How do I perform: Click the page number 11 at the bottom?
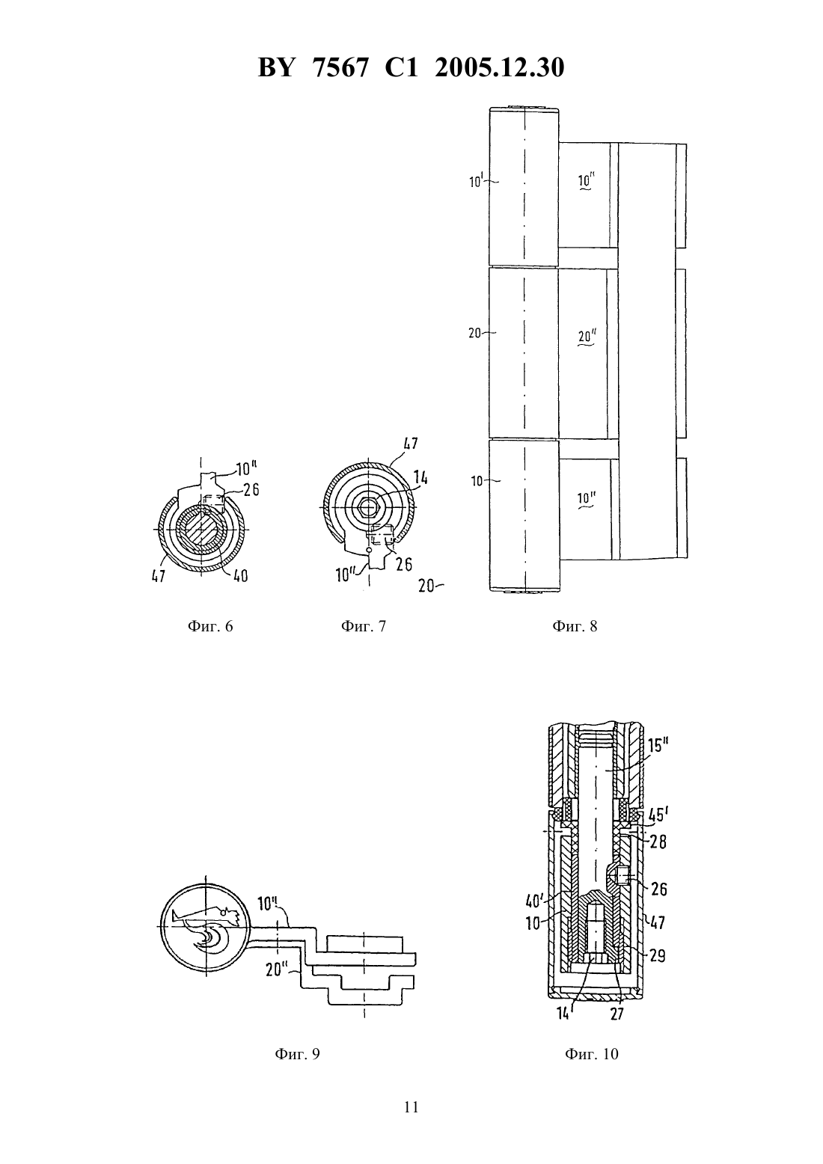pyautogui.click(x=411, y=1107)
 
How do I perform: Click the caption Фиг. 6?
pyautogui.click(x=210, y=626)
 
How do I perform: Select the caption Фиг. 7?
pyautogui.click(x=363, y=626)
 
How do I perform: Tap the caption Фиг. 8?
pyautogui.click(x=575, y=626)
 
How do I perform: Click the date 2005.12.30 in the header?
pyautogui.click(x=499, y=67)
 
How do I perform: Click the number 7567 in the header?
pyautogui.click(x=341, y=67)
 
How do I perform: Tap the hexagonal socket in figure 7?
pyautogui.click(x=368, y=504)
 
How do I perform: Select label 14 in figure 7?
pyautogui.click(x=420, y=477)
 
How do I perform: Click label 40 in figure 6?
pyautogui.click(x=240, y=576)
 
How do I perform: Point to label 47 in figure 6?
pyautogui.click(x=159, y=576)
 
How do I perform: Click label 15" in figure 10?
pyautogui.click(x=658, y=746)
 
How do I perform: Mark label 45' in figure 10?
pyautogui.click(x=656, y=815)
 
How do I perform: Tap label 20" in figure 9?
pyautogui.click(x=277, y=970)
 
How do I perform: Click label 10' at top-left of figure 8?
pyautogui.click(x=476, y=181)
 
